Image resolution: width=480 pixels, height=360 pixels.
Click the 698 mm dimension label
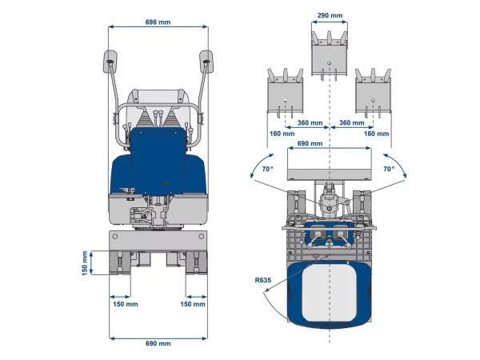pyautogui.click(x=158, y=22)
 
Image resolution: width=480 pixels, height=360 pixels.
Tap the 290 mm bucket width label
pyautogui.click(x=330, y=15)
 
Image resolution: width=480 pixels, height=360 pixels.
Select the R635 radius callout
pyautogui.click(x=263, y=280)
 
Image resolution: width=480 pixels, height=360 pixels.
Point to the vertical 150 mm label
pyautogui.click(x=85, y=263)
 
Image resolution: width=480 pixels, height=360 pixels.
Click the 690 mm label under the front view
pyautogui.click(x=158, y=343)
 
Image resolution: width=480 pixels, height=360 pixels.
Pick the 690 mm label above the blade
pyautogui.click(x=310, y=143)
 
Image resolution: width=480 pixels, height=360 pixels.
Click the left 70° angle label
pyautogui.click(x=267, y=169)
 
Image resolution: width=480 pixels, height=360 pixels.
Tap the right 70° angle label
pyautogui.click(x=389, y=169)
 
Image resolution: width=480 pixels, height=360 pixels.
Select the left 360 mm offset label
pyautogui.click(x=310, y=122)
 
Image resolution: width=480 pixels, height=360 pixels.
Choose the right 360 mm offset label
pyautogui.click(x=352, y=122)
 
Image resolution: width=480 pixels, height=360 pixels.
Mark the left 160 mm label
pyautogui.click(x=282, y=134)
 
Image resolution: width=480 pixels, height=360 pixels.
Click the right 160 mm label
pyautogui.click(x=376, y=134)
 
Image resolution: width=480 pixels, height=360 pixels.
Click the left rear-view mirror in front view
pyautogui.click(x=110, y=62)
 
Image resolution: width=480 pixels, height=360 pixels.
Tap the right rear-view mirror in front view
pyautogui.click(x=206, y=62)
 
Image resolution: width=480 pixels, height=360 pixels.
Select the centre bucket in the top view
pyautogui.click(x=330, y=56)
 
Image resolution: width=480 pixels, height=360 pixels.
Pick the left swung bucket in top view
pyautogui.click(x=286, y=93)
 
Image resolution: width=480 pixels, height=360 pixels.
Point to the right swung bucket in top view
pyautogui.click(x=373, y=93)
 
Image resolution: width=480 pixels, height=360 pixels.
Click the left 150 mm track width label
pyautogui.click(x=126, y=304)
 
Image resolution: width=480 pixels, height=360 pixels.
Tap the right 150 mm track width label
pyautogui.click(x=193, y=304)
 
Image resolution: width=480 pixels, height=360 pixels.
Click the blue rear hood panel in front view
pyautogui.click(x=158, y=161)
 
